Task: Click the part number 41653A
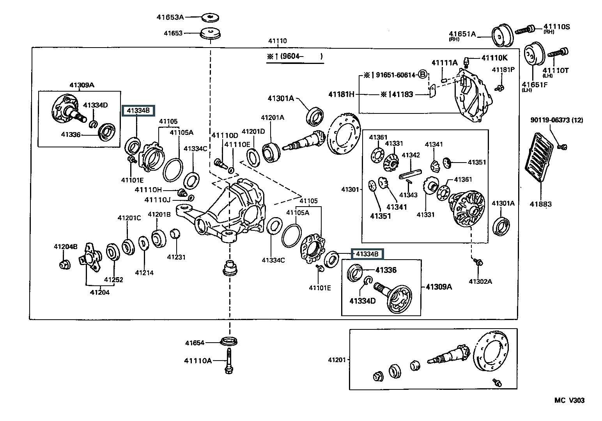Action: click(170, 17)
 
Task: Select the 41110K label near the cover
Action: click(494, 58)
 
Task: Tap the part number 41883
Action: click(541, 204)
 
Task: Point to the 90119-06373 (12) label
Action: click(557, 120)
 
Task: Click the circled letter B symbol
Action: click(423, 74)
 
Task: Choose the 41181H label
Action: click(341, 94)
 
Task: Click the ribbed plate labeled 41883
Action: click(539, 157)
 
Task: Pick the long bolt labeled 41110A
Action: click(229, 361)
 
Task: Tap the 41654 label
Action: click(195, 343)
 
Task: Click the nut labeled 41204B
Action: click(65, 265)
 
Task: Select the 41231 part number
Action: click(176, 257)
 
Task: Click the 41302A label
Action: click(480, 281)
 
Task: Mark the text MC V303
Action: click(569, 400)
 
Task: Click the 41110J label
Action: click(158, 200)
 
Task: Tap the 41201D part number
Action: click(253, 131)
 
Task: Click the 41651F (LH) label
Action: click(534, 87)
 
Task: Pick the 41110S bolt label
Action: click(557, 28)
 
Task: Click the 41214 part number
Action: click(144, 273)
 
